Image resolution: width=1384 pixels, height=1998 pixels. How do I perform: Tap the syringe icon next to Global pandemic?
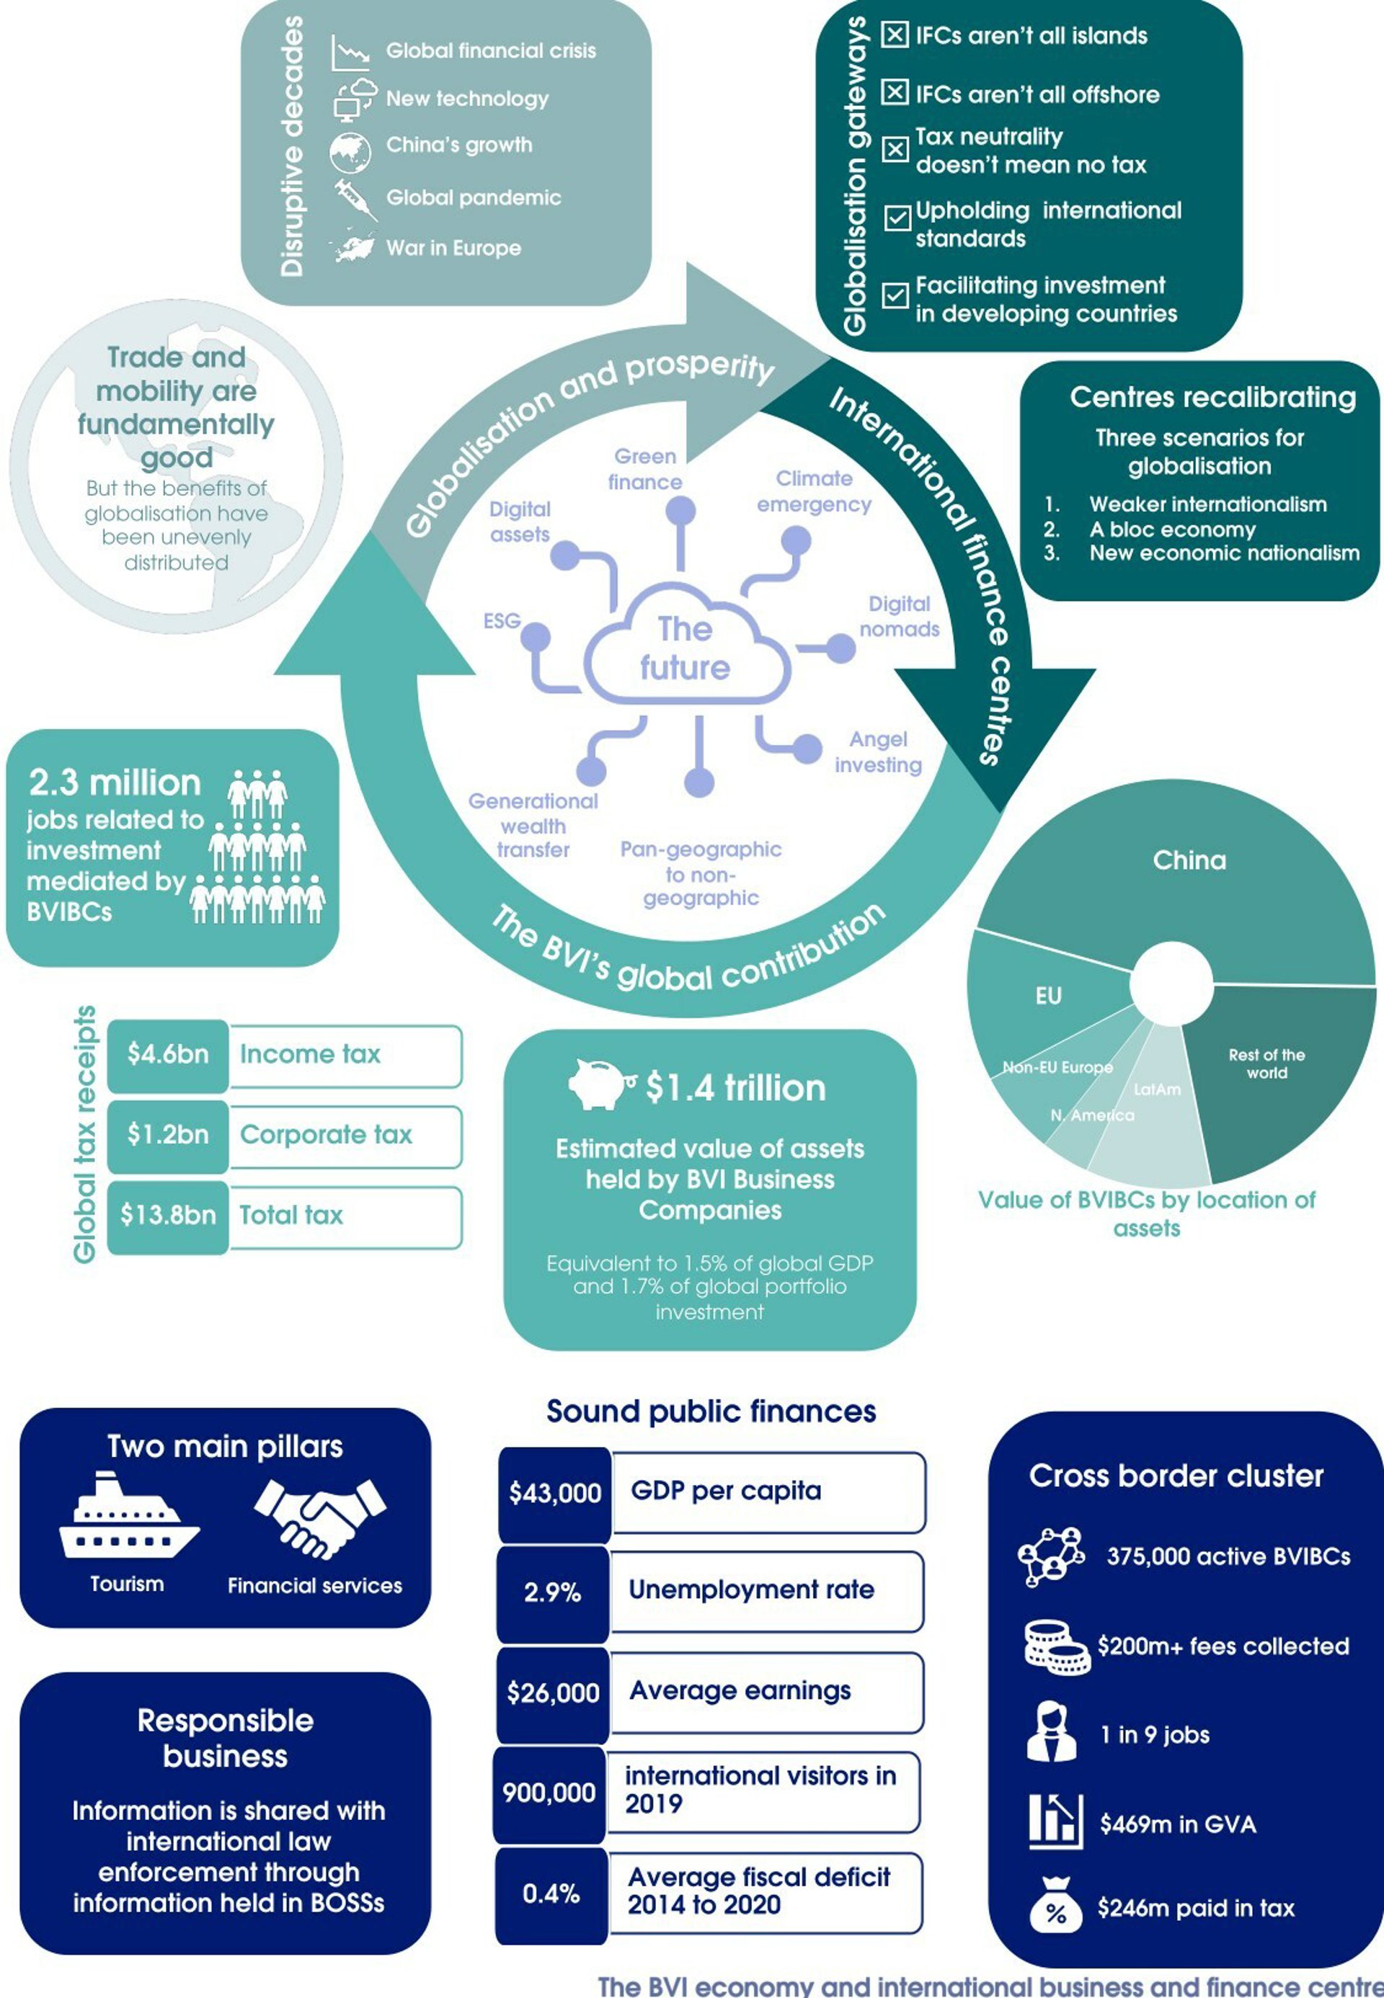coord(355,198)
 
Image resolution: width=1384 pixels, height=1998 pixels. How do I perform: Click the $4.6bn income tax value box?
coord(167,1054)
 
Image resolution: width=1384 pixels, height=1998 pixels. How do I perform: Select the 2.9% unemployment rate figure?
coord(552,1592)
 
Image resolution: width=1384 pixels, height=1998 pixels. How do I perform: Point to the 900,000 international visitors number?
coord(549,1793)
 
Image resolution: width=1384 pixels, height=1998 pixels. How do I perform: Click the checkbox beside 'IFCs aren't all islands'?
coord(895,35)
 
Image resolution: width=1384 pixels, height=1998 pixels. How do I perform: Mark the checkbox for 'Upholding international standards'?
coord(896,217)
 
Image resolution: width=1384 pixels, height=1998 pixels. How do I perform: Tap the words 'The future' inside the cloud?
coord(685,648)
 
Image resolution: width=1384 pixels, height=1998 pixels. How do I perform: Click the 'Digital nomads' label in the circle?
coord(900,616)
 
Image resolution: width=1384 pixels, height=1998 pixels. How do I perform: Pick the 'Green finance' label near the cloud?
coord(644,469)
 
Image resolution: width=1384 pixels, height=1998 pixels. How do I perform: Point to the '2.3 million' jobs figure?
coord(115,782)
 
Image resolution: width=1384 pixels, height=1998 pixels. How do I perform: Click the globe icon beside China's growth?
coord(350,149)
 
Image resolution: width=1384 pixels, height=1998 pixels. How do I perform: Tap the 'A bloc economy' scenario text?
coord(1172,530)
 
